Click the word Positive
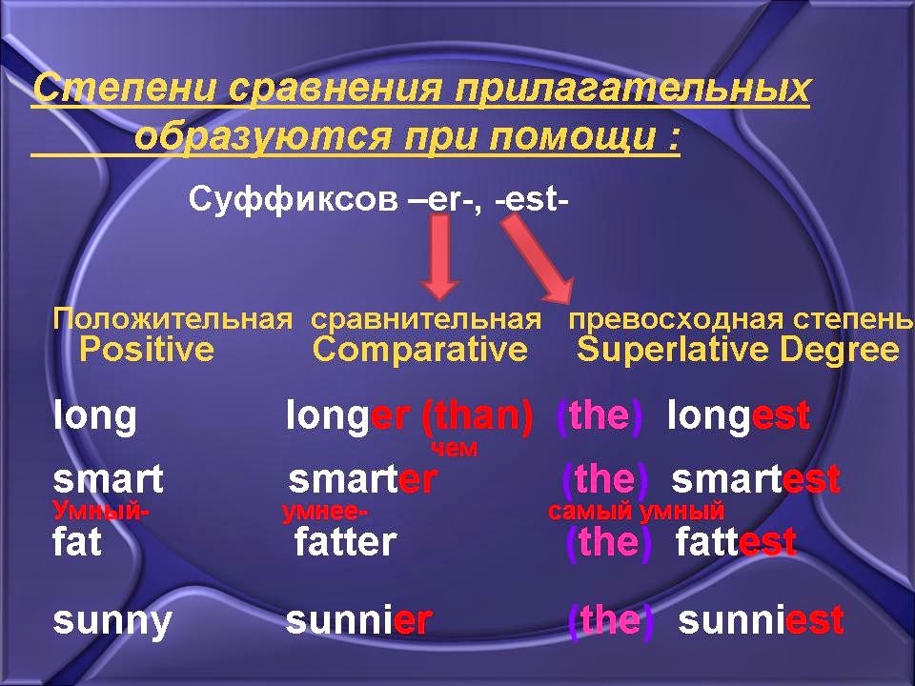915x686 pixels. (147, 351)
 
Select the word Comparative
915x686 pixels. (419, 351)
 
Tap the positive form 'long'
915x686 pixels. (94, 416)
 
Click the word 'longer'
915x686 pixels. (347, 416)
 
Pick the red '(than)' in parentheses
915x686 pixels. (476, 416)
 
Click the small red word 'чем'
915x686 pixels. (454, 449)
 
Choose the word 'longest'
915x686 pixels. (739, 416)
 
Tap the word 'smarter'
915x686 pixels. (362, 479)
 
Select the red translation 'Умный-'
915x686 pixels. (100, 511)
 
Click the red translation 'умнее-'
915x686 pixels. (325, 512)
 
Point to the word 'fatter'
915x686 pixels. (345, 542)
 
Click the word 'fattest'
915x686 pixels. (736, 542)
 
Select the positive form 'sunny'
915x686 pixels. (112, 621)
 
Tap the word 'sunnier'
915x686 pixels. (358, 621)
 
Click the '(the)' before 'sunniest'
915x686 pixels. (611, 621)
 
